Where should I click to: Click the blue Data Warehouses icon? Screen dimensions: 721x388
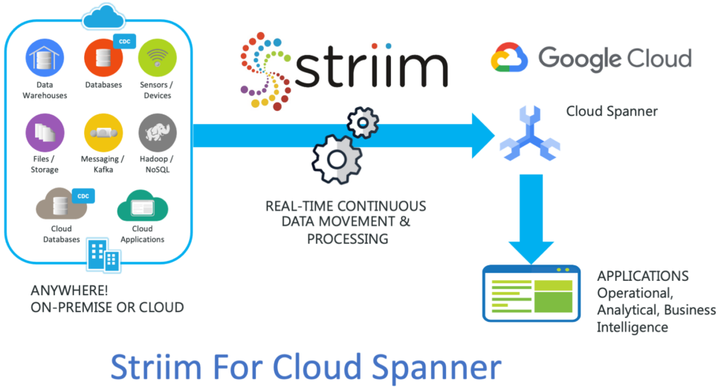tap(45, 58)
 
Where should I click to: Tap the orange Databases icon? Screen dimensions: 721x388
tap(103, 58)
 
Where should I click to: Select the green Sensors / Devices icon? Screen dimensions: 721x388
tap(158, 58)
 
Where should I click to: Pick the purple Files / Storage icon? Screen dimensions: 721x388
tap(45, 133)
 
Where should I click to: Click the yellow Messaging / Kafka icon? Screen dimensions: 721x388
tap(103, 133)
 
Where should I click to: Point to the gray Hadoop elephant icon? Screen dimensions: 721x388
tap(158, 133)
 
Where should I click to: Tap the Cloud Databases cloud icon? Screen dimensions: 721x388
tap(61, 204)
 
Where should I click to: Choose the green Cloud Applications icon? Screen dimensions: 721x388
tap(143, 206)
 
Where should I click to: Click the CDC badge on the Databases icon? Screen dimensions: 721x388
tap(125, 42)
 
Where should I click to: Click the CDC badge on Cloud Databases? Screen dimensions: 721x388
tap(83, 195)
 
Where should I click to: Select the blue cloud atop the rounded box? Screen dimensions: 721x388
tap(103, 16)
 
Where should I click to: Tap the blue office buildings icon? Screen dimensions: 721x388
tap(104, 254)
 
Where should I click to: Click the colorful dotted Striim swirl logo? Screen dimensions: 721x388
tap(265, 71)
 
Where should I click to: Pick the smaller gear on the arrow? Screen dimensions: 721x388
tap(363, 123)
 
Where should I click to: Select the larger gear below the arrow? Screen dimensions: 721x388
tap(337, 159)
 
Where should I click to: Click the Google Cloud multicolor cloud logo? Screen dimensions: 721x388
tap(509, 57)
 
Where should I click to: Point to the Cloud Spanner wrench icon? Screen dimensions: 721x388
tap(530, 134)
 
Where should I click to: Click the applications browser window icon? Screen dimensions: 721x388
tap(531, 294)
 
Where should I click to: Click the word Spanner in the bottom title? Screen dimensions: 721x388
tap(436, 369)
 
